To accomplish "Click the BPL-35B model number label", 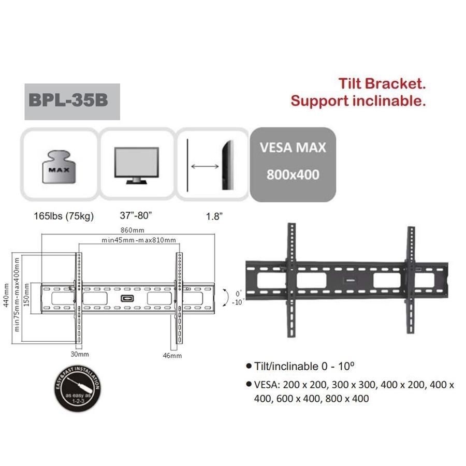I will point(68,99).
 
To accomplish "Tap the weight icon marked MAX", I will point(59,167).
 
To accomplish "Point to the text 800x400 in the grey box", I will point(293,175).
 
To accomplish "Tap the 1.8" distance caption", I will point(214,216).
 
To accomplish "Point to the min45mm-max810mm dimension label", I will point(139,240).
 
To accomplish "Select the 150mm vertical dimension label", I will point(26,296).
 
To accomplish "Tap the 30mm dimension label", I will point(80,354).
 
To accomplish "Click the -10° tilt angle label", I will point(238,302).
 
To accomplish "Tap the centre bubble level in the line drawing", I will point(126,299).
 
